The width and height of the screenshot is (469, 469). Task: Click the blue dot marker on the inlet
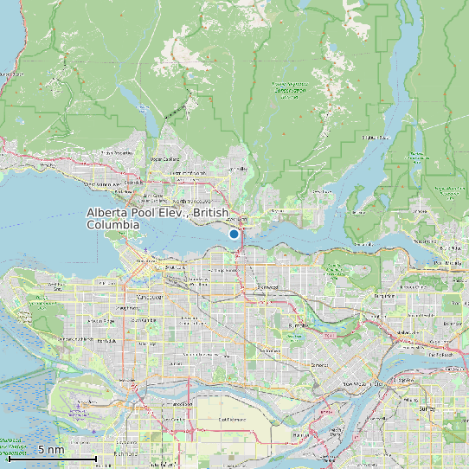(234, 234)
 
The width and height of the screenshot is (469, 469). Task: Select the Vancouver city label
(151, 297)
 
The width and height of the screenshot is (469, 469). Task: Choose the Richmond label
(126, 453)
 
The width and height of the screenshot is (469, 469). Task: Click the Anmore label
(423, 209)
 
